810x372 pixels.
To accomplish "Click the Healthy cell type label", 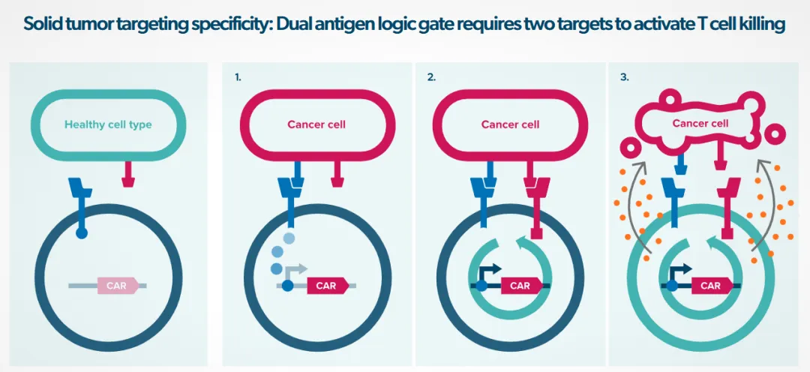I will pos(108,124).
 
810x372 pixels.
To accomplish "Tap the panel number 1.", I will pos(238,77).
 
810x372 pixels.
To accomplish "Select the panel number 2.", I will pos(430,77).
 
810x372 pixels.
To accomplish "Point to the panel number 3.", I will pos(625,77).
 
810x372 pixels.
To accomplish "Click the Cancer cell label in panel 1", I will pos(316,124).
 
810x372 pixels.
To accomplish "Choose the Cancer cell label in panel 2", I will pos(510,124).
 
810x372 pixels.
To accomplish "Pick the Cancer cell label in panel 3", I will pos(700,123).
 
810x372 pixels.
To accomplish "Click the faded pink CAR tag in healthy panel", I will pos(117,286).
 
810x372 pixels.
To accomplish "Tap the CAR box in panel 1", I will pos(326,286).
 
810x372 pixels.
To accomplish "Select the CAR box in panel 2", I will pos(520,286).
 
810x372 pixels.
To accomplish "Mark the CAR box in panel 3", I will pos(710,286).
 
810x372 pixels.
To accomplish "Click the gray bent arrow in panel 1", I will pos(296,269).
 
